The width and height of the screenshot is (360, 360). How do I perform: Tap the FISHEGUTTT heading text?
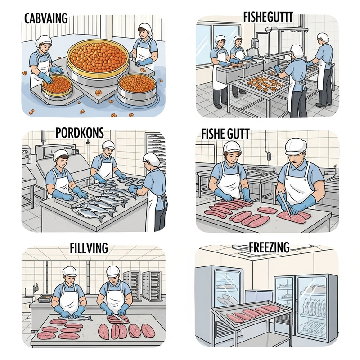click(268, 18)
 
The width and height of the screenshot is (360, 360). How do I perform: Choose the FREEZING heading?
click(269, 247)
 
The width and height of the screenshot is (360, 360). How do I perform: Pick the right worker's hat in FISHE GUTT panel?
click(296, 145)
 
